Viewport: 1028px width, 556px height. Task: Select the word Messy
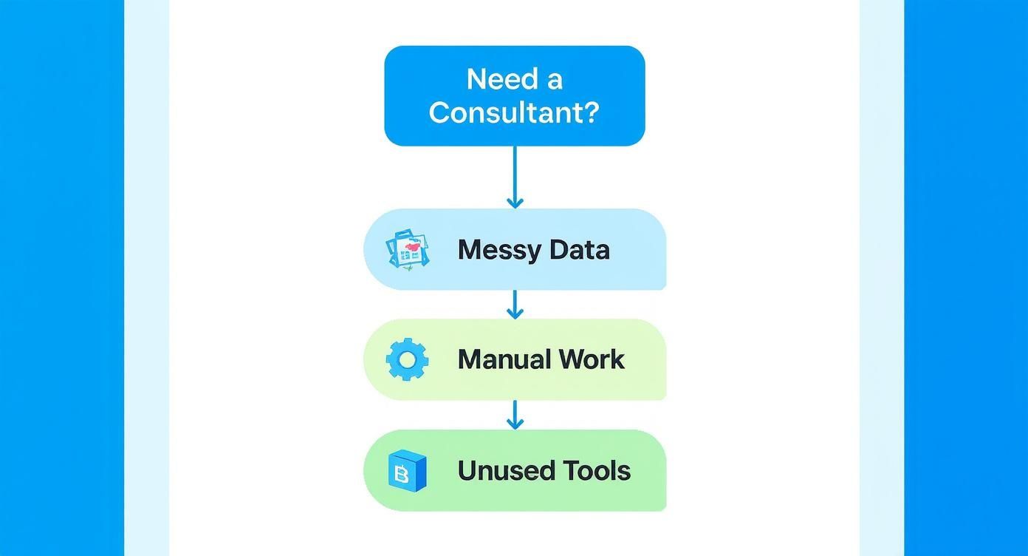[x=498, y=250]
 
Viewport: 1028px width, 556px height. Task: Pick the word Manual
[x=503, y=360]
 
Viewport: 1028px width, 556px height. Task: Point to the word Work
[x=592, y=360]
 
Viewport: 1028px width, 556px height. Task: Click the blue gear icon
[x=407, y=360]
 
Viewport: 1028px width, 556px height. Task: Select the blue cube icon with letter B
[x=407, y=470]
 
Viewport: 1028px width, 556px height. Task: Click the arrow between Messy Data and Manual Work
[x=515, y=304]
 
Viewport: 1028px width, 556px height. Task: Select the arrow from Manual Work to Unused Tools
[x=515, y=414]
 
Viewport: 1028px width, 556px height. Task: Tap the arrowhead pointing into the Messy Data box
[x=515, y=202]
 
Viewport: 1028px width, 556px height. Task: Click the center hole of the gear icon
[x=407, y=360]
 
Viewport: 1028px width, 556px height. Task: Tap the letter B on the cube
[x=402, y=473]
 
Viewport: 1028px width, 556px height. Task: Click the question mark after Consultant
[x=590, y=112]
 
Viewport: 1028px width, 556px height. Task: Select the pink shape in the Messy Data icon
[x=413, y=243]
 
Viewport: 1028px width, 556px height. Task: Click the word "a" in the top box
[x=553, y=79]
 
